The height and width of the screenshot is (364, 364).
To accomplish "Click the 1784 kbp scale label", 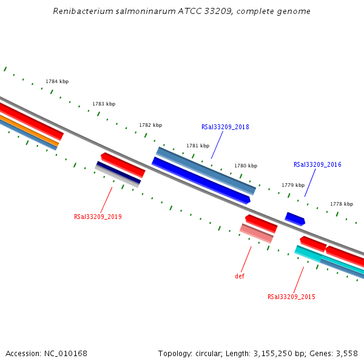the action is click(57, 81).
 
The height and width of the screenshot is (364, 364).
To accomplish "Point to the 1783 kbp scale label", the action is click(104, 104).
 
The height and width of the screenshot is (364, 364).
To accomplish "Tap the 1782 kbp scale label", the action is click(150, 125).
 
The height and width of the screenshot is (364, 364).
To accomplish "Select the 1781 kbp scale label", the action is click(198, 146).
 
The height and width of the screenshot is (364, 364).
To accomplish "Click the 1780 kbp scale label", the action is click(246, 166).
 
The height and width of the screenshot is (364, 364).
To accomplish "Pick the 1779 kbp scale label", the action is click(292, 185).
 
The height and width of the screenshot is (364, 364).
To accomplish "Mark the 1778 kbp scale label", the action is click(341, 204).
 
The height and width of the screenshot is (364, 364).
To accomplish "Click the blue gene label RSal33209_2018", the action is click(225, 127).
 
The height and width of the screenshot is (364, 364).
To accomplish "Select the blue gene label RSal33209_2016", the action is click(317, 164).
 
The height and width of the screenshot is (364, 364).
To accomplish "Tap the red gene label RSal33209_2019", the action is click(98, 217).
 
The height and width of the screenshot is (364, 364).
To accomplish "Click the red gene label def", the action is click(240, 276).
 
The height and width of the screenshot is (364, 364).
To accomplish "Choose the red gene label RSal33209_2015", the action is click(291, 297).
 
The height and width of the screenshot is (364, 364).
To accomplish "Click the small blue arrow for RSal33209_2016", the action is click(295, 218).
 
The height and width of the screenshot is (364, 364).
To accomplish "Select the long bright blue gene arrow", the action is click(201, 180).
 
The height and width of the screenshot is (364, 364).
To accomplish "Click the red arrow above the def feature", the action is click(261, 223).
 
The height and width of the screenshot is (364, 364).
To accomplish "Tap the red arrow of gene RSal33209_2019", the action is click(123, 164).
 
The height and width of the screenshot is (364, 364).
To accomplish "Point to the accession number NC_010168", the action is click(65, 353).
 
